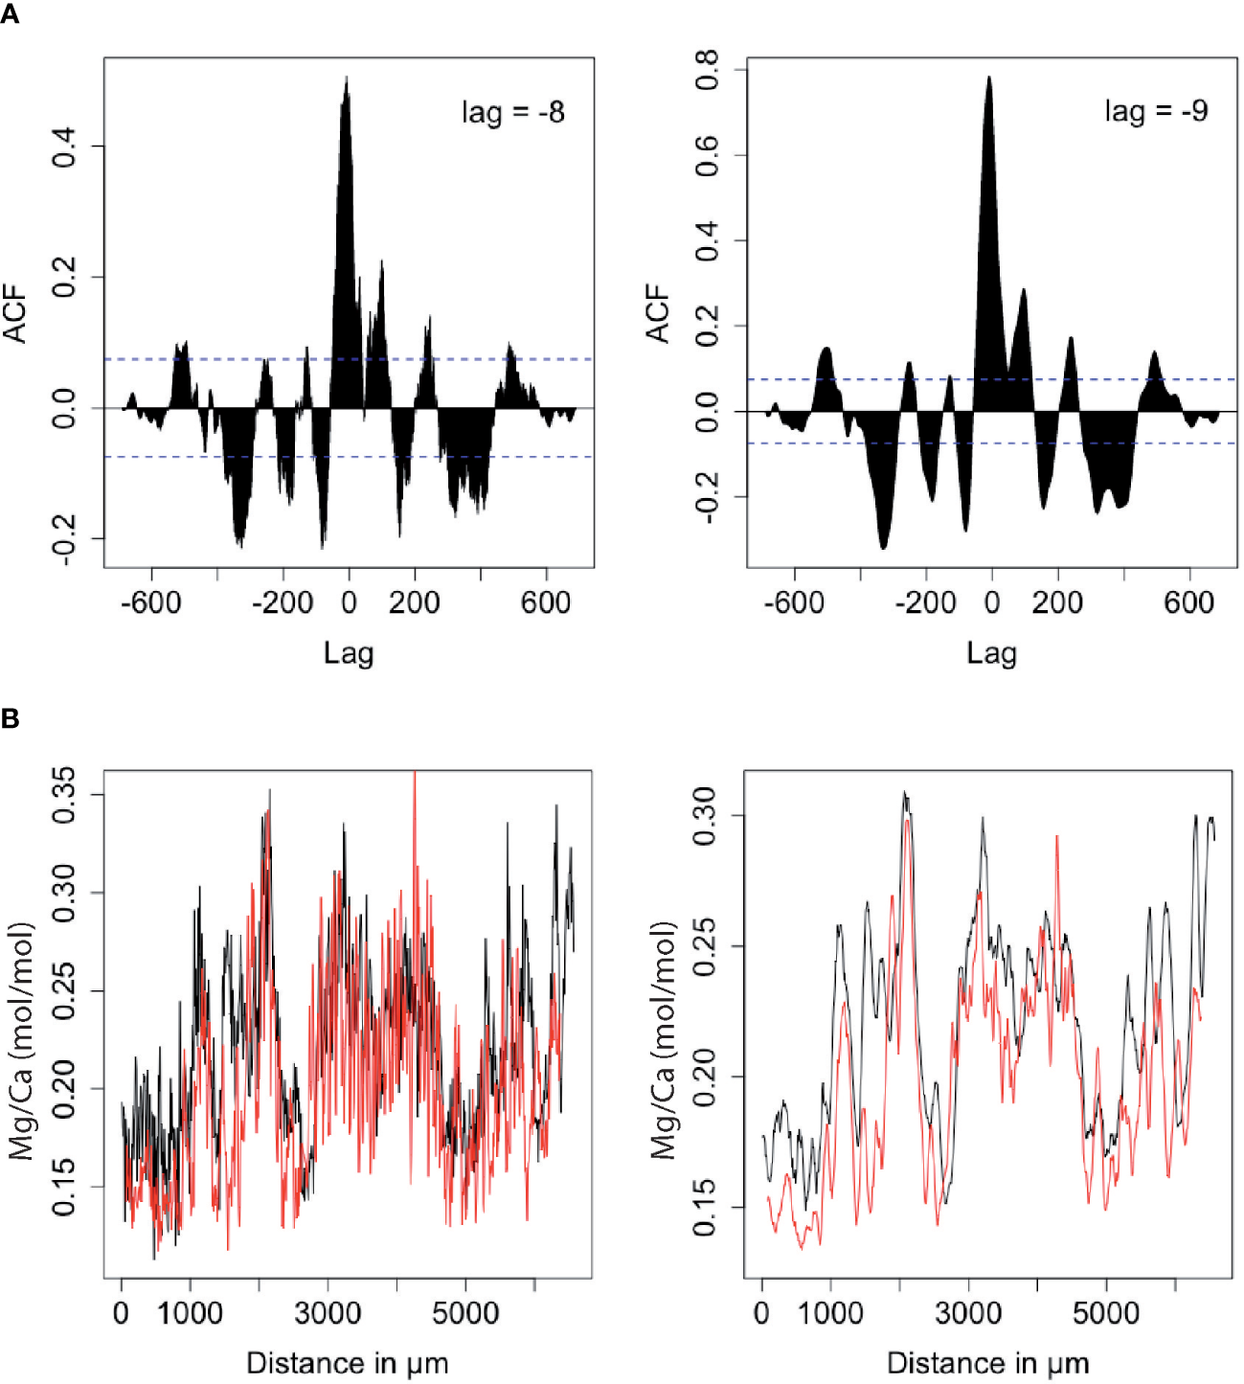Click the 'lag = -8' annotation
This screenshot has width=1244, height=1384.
[512, 113]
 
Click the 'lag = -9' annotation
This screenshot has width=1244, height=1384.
[1156, 111]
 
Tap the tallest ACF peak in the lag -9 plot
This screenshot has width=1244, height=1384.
[989, 79]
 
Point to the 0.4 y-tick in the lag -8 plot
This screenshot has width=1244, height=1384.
[65, 147]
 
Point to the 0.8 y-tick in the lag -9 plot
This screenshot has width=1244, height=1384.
[708, 70]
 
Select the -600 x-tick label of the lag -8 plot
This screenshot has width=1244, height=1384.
[150, 603]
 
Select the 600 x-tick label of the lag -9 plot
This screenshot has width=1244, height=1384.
[1188, 603]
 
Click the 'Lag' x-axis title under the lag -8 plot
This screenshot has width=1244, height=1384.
[348, 653]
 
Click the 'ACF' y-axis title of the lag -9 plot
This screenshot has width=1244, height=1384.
[658, 313]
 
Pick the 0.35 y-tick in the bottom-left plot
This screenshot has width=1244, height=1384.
[65, 795]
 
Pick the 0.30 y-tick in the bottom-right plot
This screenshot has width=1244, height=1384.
[705, 816]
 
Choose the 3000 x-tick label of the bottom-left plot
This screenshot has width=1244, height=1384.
[328, 1312]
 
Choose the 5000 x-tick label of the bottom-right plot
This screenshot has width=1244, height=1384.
[1106, 1312]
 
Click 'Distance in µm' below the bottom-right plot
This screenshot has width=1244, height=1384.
[987, 1362]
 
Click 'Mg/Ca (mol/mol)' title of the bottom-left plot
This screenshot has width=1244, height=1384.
[21, 1041]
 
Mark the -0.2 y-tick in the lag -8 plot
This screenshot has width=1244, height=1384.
[65, 539]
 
